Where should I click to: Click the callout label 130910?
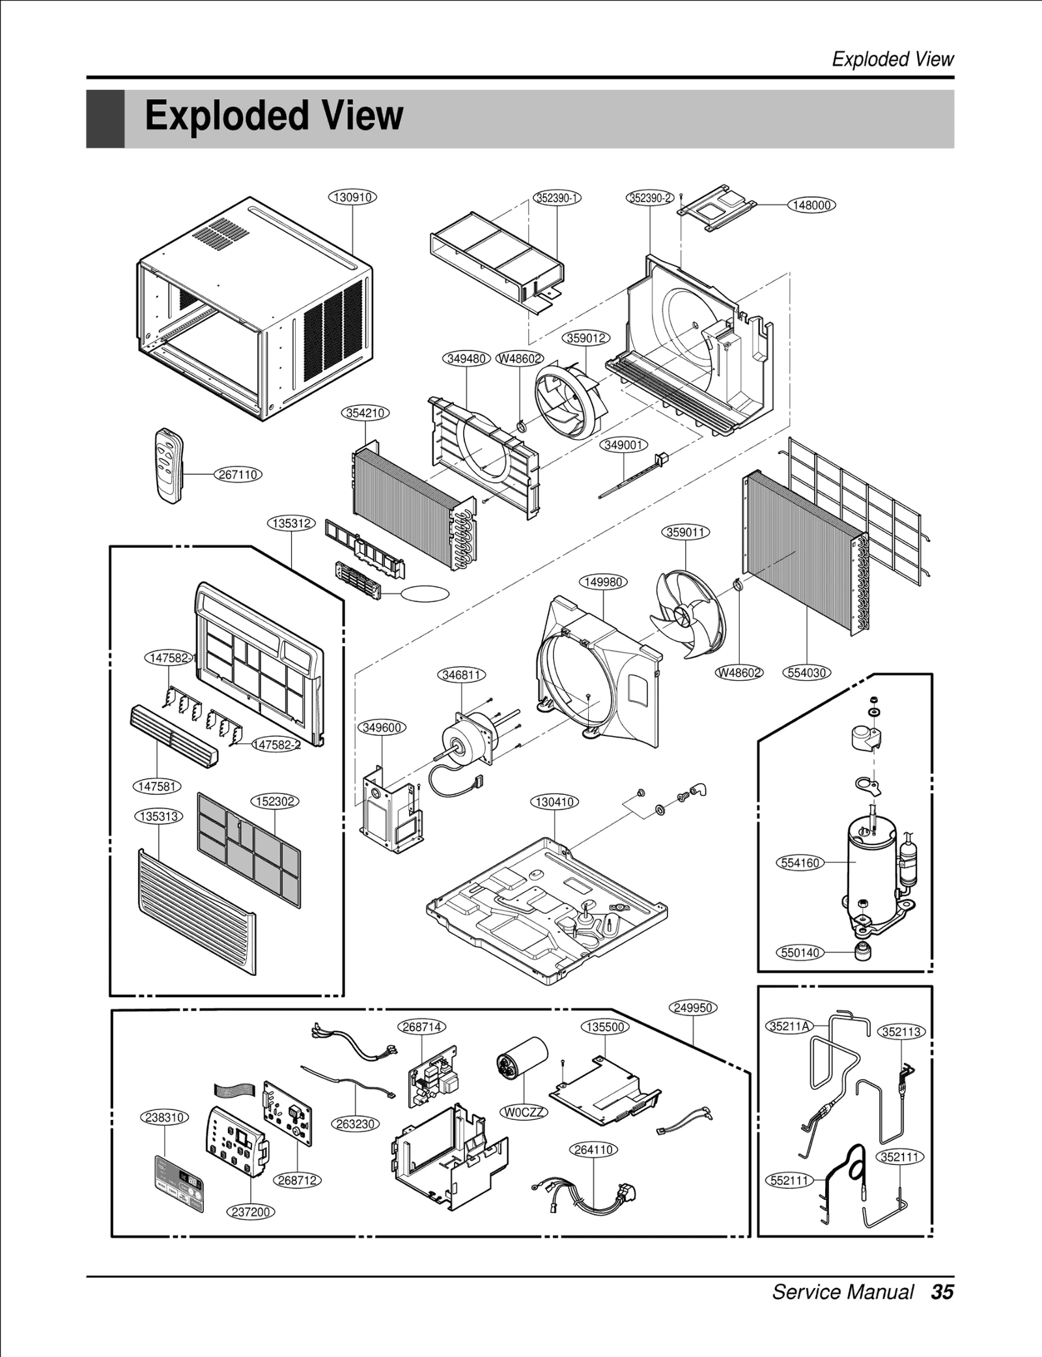tap(352, 197)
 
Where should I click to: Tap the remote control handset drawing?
tap(169, 464)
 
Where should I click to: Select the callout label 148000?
tap(811, 205)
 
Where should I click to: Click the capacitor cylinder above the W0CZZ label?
tap(522, 1060)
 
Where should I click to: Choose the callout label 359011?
tap(686, 532)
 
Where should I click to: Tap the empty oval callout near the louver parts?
tap(425, 593)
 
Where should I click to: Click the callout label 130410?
tap(555, 802)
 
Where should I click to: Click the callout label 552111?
tap(789, 1180)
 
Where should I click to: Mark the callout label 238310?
tap(165, 1117)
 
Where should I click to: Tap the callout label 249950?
tap(693, 1008)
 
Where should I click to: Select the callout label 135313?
tap(159, 816)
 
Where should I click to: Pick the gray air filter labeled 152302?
tap(249, 850)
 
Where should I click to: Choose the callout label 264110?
tap(593, 1150)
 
